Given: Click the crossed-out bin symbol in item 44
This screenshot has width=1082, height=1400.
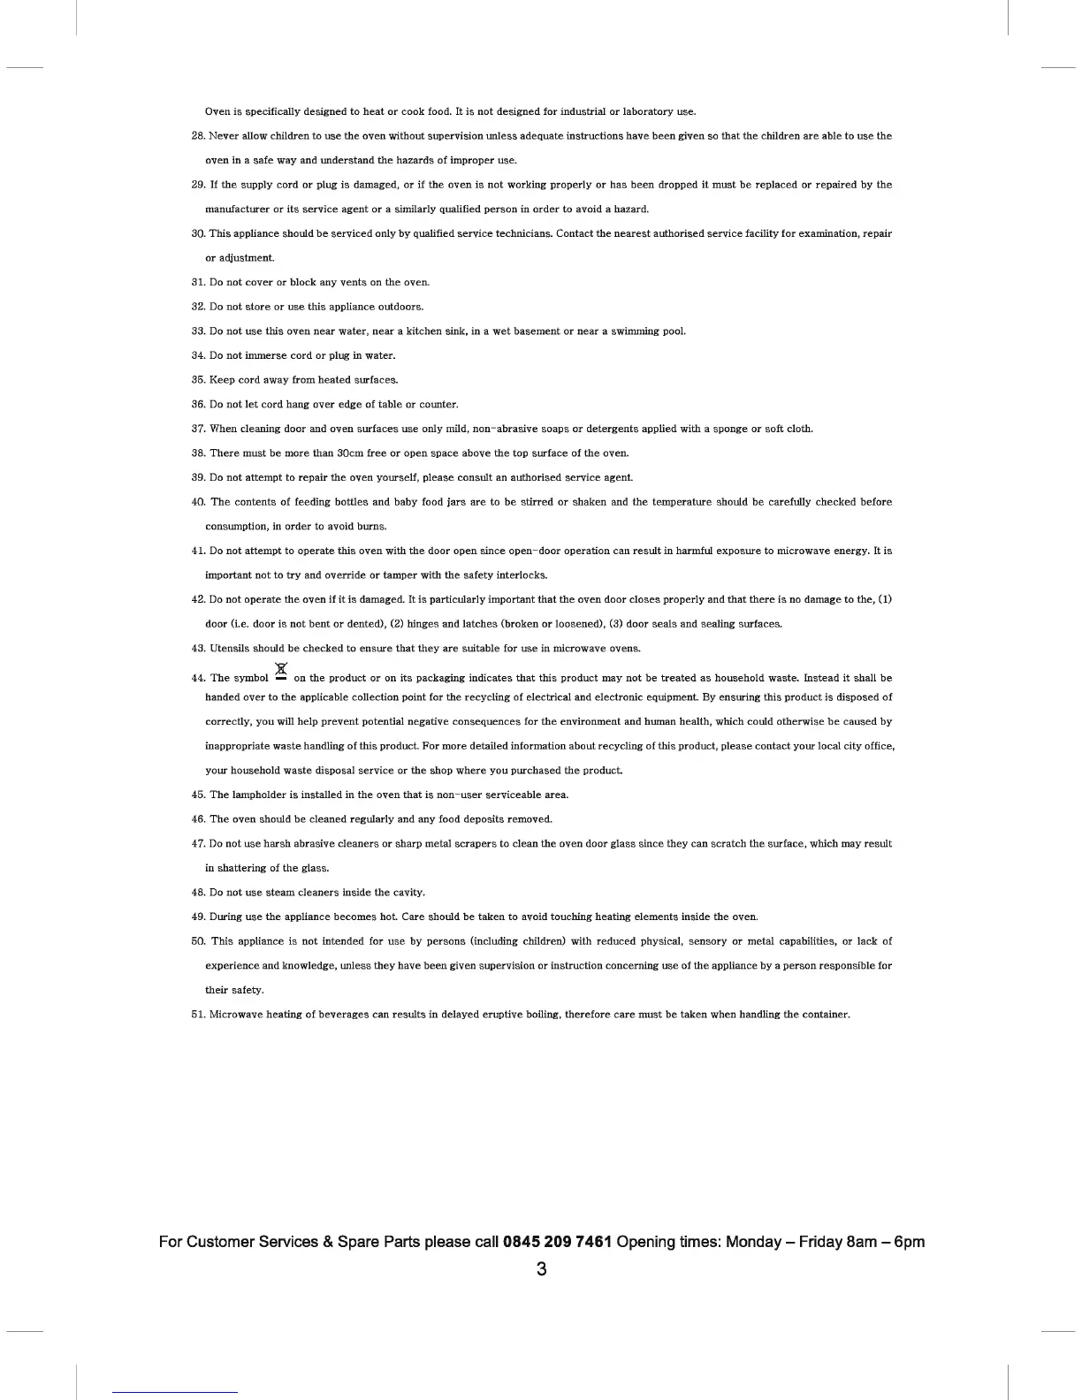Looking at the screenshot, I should click(281, 673).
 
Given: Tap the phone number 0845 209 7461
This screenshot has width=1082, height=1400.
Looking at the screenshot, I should click(557, 1242).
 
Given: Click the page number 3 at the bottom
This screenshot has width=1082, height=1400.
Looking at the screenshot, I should click(541, 1269).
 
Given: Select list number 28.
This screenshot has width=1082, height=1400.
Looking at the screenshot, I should click(198, 136).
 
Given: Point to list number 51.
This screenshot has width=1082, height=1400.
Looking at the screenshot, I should click(198, 1015).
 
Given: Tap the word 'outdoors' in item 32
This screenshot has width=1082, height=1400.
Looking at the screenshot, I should click(402, 307).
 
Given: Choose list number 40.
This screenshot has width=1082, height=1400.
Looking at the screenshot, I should click(198, 502).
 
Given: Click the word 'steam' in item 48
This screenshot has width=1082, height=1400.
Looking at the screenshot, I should click(281, 893).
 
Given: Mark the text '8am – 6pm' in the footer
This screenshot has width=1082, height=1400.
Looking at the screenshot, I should click(885, 1242).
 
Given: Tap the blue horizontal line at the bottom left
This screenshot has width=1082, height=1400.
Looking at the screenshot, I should click(175, 1392).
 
